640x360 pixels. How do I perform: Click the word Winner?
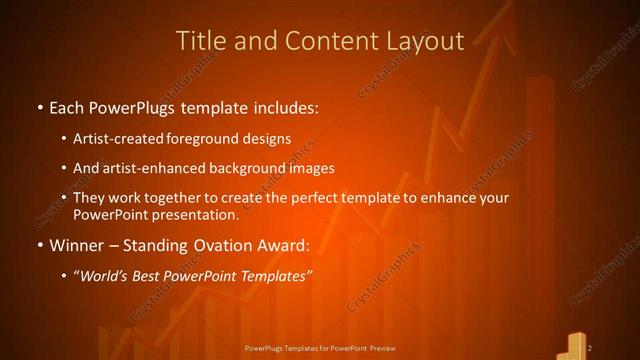(78, 245)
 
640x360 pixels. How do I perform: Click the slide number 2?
(590, 347)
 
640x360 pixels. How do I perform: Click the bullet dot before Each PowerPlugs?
(39, 106)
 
